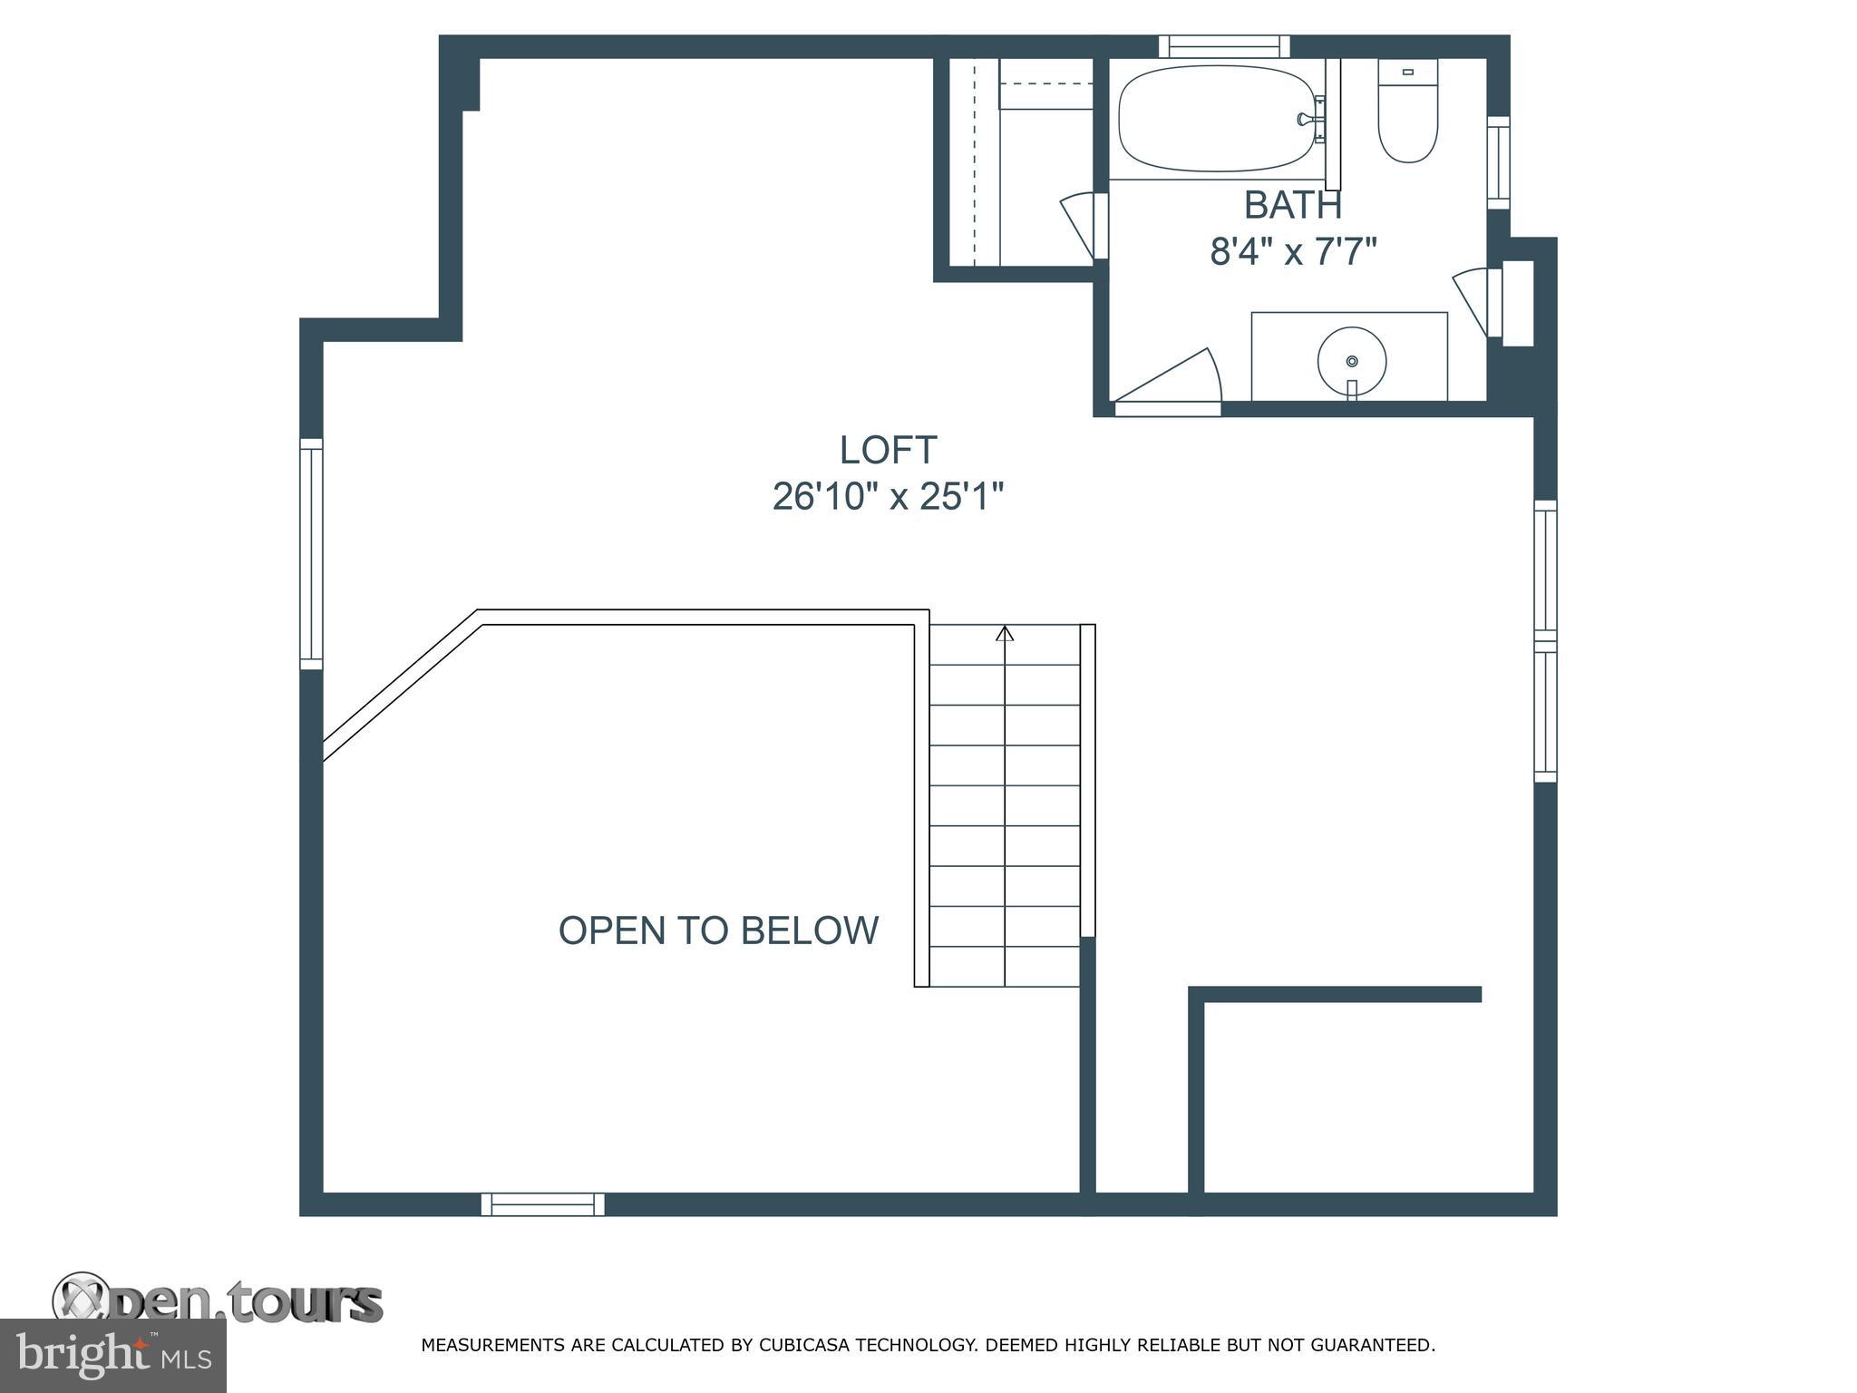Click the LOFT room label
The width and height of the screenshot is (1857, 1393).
click(888, 450)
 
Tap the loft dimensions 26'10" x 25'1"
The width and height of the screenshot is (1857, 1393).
click(888, 496)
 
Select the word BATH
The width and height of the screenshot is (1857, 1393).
click(1293, 205)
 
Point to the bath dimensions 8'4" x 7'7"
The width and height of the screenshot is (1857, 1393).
click(1293, 251)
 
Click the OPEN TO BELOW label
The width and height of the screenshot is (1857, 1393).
click(718, 930)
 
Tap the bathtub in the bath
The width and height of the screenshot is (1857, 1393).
click(1217, 118)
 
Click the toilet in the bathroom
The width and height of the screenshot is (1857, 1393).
click(1408, 111)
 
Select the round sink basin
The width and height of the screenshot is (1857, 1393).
click(1352, 360)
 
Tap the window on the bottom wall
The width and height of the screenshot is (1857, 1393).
click(542, 1204)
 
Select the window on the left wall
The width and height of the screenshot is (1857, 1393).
click(311, 554)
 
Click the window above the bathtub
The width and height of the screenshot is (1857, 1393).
click(1224, 46)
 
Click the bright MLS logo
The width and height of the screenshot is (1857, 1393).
click(113, 1356)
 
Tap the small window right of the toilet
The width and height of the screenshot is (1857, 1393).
click(1499, 162)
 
